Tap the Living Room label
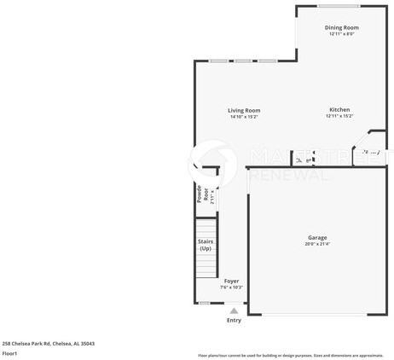[244, 110]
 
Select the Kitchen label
[339, 110]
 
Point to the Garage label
[317, 237]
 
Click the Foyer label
[231, 281]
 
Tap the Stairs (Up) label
[206, 245]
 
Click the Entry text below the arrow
[234, 320]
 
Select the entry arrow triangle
[234, 310]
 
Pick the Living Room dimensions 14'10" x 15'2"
[244, 117]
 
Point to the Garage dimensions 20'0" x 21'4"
[317, 244]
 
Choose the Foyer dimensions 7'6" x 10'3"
[231, 287]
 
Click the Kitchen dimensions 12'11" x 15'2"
[339, 117]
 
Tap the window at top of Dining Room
[339, 7]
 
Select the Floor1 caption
[9, 353]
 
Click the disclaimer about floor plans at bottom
[290, 355]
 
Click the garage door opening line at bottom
[317, 315]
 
